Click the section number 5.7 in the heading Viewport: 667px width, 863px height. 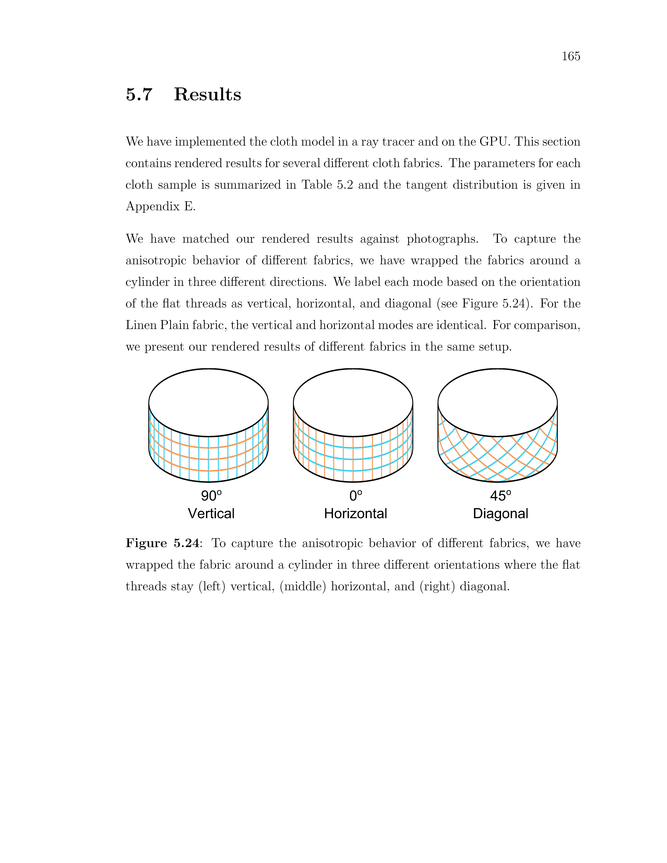pos(139,94)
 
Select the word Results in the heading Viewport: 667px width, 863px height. pos(207,94)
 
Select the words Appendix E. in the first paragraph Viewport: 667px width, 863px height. pos(160,206)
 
